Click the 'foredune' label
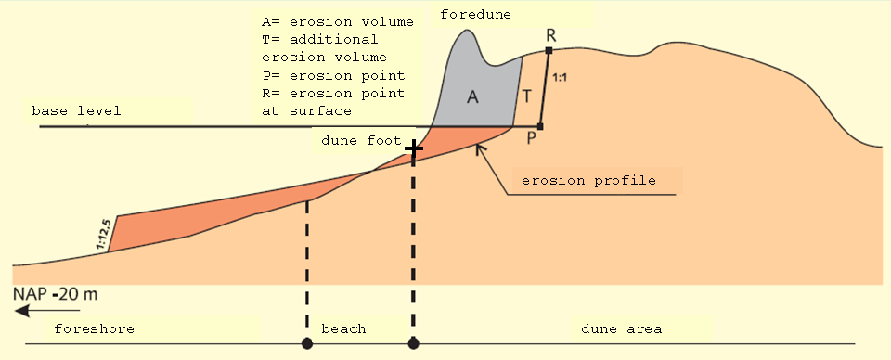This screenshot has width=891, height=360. (475, 13)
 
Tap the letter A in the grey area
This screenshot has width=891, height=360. (471, 99)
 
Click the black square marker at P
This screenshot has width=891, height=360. (540, 126)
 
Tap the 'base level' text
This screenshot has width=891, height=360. (76, 110)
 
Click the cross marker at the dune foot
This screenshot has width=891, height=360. (413, 148)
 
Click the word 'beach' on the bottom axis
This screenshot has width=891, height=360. (343, 328)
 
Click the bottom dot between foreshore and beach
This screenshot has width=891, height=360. (306, 344)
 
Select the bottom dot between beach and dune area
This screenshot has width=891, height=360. (413, 344)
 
